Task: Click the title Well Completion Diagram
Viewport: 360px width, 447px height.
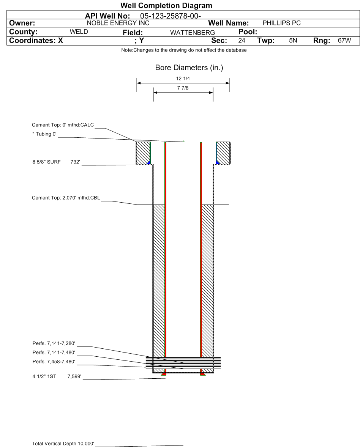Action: tap(166, 6)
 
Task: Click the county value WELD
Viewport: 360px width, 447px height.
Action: tap(79, 32)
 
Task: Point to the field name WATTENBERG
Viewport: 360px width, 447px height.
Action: tap(193, 33)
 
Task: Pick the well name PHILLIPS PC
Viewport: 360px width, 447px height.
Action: tap(281, 23)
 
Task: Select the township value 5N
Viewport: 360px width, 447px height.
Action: tap(293, 41)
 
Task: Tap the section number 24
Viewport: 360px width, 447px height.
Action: tap(242, 41)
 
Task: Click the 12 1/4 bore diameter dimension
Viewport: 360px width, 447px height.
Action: tap(183, 79)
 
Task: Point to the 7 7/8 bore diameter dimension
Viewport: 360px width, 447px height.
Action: tap(183, 88)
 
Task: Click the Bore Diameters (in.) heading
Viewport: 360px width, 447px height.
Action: tap(189, 68)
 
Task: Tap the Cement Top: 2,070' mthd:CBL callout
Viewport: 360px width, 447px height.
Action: tap(66, 198)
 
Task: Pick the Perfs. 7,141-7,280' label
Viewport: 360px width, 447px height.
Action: tap(54, 343)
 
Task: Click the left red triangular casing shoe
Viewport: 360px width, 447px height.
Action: tap(164, 374)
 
